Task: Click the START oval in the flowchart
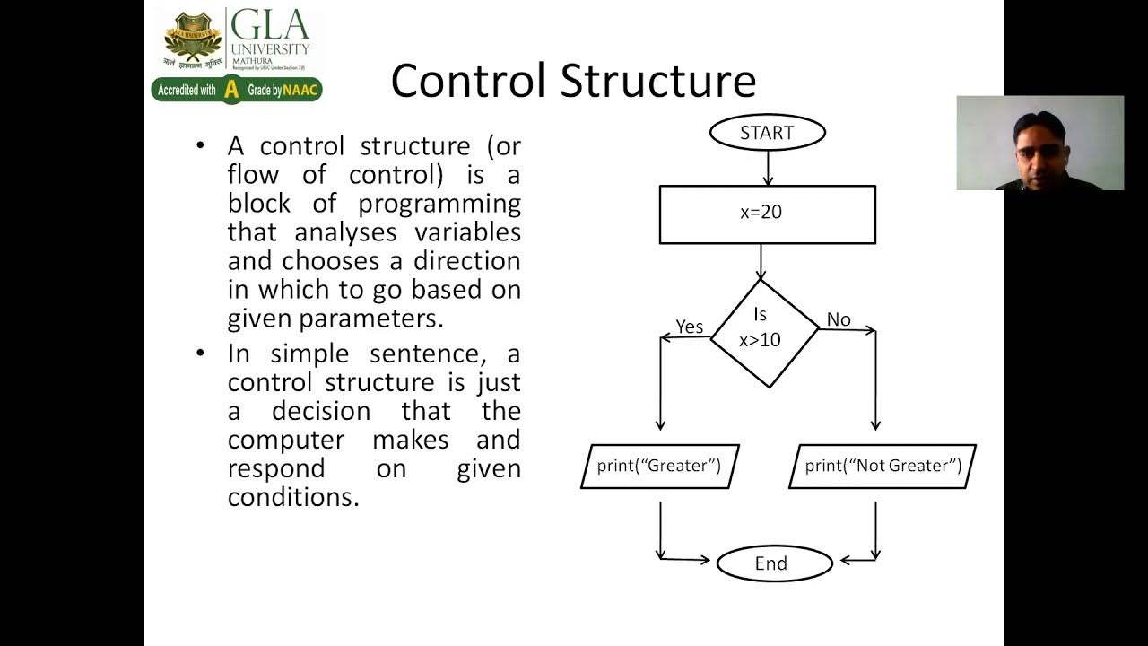767,133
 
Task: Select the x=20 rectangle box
767,214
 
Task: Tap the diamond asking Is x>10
764,332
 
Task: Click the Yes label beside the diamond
689,327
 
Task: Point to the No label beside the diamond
839,319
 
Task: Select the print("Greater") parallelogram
659,466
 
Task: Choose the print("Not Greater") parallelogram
883,466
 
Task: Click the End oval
773,563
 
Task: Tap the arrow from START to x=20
768,167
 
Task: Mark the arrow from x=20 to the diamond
761,261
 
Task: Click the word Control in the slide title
468,81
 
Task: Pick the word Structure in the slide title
658,81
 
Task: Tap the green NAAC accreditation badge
237,90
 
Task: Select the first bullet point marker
200,146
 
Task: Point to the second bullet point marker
200,354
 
